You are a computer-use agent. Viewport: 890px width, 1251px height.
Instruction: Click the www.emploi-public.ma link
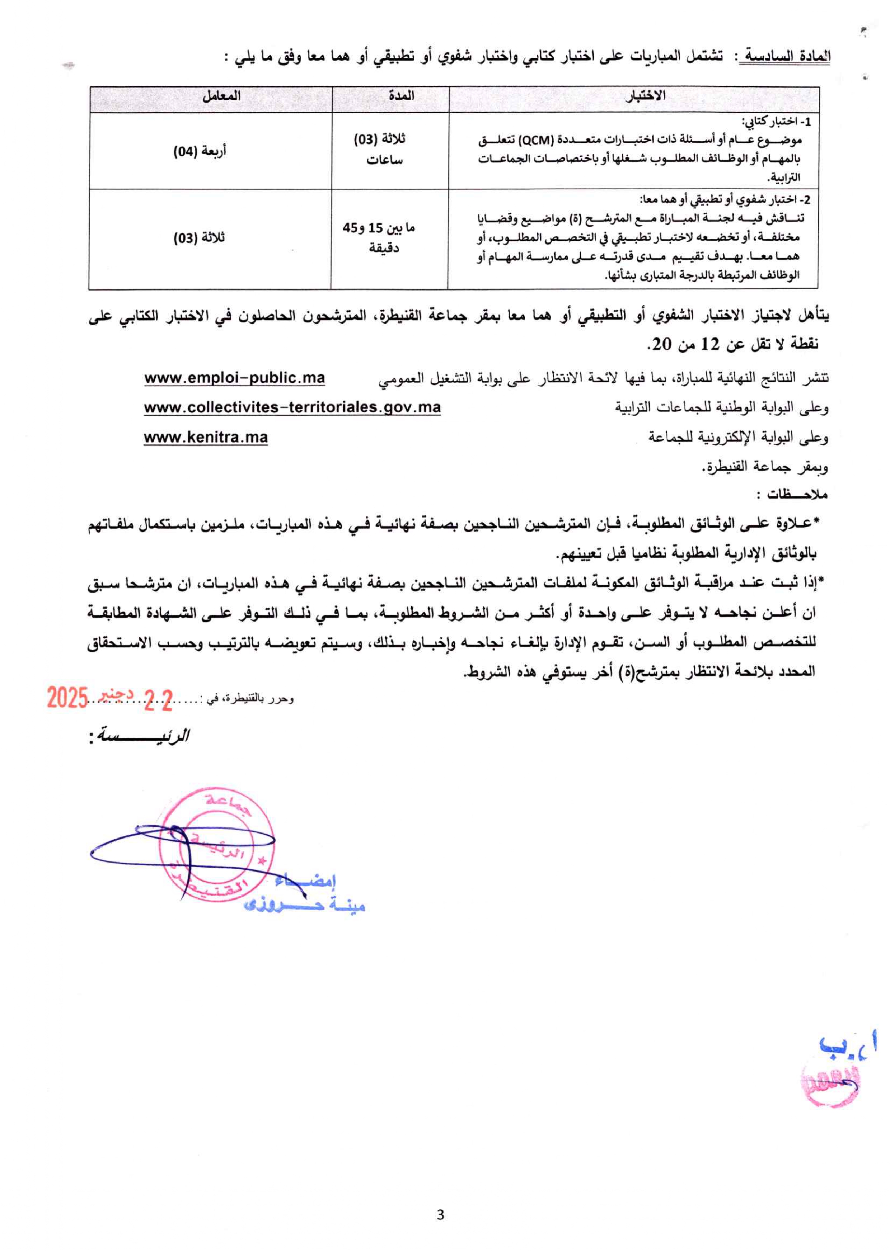pyautogui.click(x=235, y=378)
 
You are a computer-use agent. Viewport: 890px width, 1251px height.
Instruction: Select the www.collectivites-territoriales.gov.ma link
pyautogui.click(x=292, y=407)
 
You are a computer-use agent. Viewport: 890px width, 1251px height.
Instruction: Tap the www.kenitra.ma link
pyautogui.click(x=206, y=437)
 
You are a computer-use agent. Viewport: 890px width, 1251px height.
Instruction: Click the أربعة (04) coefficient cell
pyautogui.click(x=200, y=151)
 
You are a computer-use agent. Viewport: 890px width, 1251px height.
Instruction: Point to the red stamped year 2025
pyautogui.click(x=67, y=698)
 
